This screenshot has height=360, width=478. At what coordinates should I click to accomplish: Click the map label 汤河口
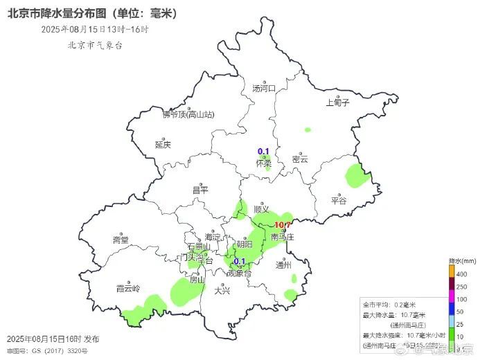(x=263, y=89)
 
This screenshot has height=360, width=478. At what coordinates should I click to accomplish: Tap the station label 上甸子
(x=338, y=102)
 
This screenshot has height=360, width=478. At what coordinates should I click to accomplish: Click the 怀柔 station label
(x=263, y=164)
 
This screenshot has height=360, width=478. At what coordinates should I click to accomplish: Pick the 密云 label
(x=300, y=159)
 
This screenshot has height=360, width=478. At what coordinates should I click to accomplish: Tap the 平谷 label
(x=338, y=201)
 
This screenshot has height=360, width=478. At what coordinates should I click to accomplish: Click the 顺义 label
(x=261, y=208)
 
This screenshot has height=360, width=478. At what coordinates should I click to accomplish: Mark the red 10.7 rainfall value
(x=283, y=225)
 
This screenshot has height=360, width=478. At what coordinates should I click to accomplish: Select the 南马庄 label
(x=283, y=237)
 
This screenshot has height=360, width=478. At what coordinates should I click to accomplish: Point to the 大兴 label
(x=222, y=291)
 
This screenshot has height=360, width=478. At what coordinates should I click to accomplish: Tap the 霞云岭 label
(x=128, y=288)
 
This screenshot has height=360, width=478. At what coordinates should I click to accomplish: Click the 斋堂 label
(x=121, y=240)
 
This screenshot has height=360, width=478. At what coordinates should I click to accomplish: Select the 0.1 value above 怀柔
(x=263, y=152)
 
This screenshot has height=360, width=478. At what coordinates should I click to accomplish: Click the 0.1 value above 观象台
(x=240, y=261)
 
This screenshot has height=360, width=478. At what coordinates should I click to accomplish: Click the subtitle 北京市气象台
(x=94, y=46)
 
